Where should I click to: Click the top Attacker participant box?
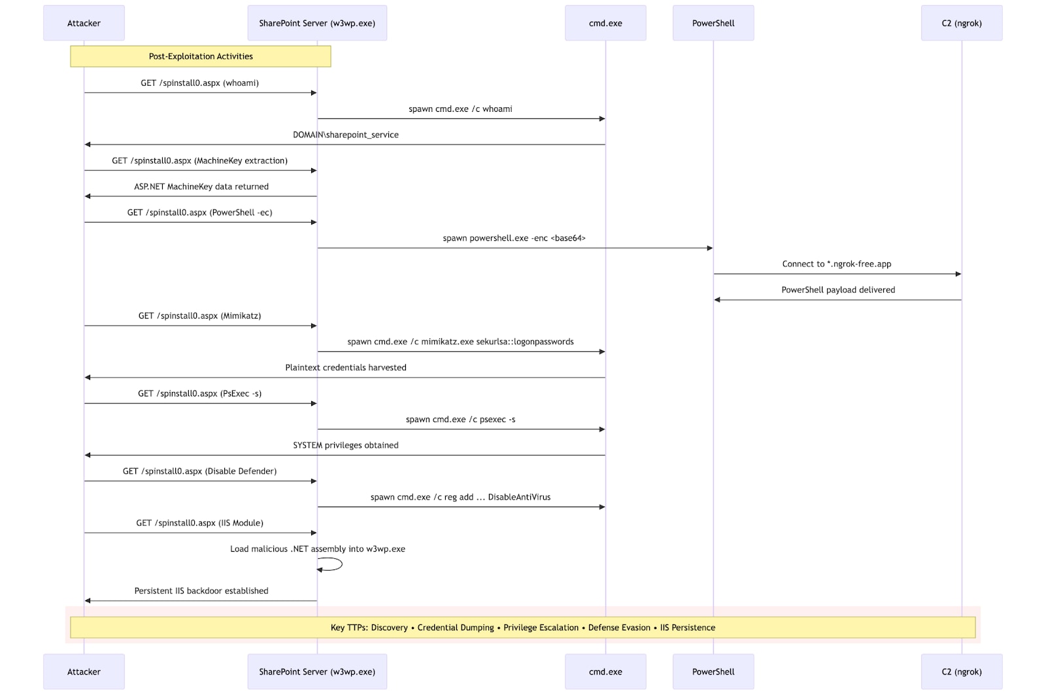[84, 23]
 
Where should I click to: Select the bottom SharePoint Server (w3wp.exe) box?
[317, 671]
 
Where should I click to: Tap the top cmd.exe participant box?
[605, 23]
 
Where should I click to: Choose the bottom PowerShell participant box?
[713, 671]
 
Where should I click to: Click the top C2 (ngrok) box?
[962, 23]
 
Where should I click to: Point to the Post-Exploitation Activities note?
[201, 56]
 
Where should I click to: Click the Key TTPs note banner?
[523, 627]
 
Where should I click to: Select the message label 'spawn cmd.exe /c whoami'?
[460, 109]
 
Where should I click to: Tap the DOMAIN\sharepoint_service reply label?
[346, 135]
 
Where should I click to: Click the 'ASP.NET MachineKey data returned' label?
[201, 187]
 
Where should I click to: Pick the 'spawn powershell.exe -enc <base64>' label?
[514, 238]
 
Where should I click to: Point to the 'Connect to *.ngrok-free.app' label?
[837, 264]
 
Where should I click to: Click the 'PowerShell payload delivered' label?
[838, 290]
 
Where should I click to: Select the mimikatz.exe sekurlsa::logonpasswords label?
[460, 342]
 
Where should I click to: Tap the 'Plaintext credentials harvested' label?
[346, 367]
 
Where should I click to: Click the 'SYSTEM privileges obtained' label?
[346, 445]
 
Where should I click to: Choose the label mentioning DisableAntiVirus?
[460, 497]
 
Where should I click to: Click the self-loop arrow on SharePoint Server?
[342, 564]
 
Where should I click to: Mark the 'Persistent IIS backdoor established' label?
[201, 591]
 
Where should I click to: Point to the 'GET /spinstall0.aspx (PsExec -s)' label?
[200, 393]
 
